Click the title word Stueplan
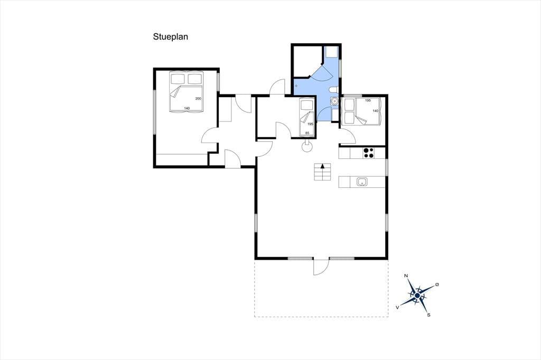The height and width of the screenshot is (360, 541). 171,37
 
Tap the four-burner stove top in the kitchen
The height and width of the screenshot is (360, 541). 369,153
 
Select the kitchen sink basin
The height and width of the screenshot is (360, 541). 361,182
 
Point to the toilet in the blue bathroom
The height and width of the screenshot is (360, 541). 333,90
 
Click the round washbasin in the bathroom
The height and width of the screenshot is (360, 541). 334,101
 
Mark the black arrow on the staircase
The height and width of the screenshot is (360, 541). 323,166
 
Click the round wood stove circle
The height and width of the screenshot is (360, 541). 307,147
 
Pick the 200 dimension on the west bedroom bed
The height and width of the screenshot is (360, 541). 198,99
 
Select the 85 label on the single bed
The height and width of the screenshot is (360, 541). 307,133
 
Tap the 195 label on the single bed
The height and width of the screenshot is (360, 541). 310,124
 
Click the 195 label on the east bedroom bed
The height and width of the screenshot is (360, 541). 368,100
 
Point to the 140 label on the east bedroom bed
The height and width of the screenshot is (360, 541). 376,111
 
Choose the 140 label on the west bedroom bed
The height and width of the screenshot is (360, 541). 186,108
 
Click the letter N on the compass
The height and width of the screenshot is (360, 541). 406,276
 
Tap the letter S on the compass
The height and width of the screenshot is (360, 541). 429,315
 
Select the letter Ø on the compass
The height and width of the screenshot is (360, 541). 437,285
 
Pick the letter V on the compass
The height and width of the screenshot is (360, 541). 398,307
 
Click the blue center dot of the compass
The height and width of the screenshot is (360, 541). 417,296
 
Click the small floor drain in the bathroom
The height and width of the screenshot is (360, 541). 296,86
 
